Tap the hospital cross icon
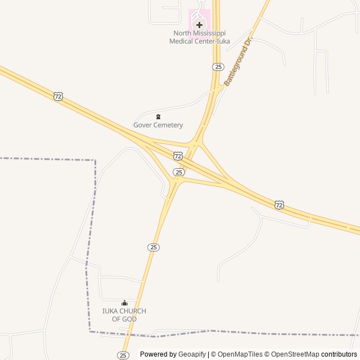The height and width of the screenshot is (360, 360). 199,25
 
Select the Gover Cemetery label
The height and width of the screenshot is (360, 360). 158,125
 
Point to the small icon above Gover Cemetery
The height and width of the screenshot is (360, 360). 158,116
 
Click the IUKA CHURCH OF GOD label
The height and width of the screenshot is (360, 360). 124,315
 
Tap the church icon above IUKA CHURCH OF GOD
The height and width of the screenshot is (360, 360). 124,303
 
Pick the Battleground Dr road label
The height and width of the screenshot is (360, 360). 239,62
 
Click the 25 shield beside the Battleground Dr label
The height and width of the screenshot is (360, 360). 218,67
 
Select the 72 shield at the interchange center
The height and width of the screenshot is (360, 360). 178,155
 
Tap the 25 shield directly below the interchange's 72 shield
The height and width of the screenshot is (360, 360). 178,172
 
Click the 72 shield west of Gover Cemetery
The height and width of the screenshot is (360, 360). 58,96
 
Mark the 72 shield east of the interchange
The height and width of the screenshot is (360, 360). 280,205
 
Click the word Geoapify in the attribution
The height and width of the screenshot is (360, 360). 192,354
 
